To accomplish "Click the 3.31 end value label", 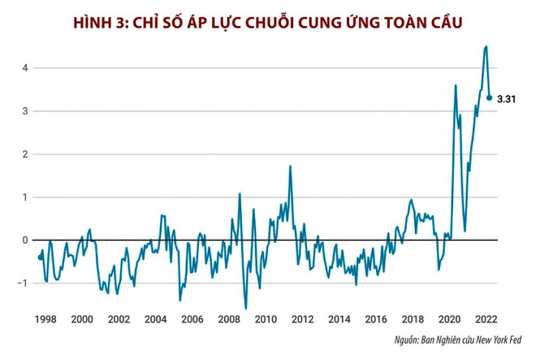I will (x=508, y=98).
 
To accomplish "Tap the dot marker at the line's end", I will (x=489, y=98).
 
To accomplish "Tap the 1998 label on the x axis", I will (x=46, y=319).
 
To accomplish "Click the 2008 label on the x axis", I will (x=229, y=319).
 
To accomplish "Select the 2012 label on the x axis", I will (x=302, y=319).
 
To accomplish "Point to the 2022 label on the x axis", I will (x=485, y=319).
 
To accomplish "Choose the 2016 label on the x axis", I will (x=375, y=319).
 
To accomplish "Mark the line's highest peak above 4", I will (x=486, y=46).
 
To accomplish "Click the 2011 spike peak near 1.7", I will (x=290, y=166).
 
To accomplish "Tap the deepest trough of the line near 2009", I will (x=245, y=308).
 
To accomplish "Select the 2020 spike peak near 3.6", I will (x=456, y=85).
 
